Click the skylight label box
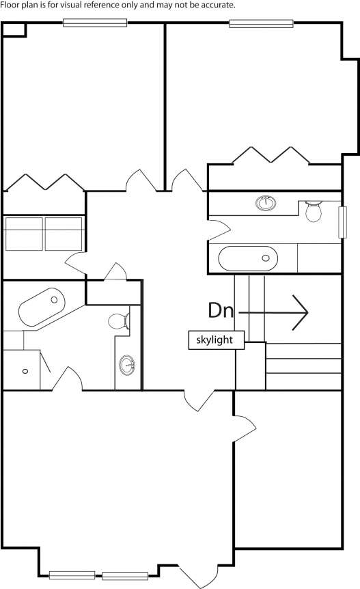(217, 340)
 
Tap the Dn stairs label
(221, 311)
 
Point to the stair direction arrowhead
(301, 312)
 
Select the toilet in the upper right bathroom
(314, 212)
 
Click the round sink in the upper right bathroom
(266, 203)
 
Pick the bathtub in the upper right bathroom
(248, 258)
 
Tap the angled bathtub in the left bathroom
(42, 307)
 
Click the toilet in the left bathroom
(119, 321)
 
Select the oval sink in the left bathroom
(127, 364)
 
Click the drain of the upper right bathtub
(266, 258)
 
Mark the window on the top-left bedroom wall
(95, 23)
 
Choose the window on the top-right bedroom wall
(261, 23)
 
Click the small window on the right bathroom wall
(342, 222)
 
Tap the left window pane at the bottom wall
(72, 575)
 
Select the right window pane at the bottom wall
(125, 575)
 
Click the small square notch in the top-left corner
(14, 29)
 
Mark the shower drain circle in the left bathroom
(25, 371)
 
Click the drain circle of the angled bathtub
(54, 300)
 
